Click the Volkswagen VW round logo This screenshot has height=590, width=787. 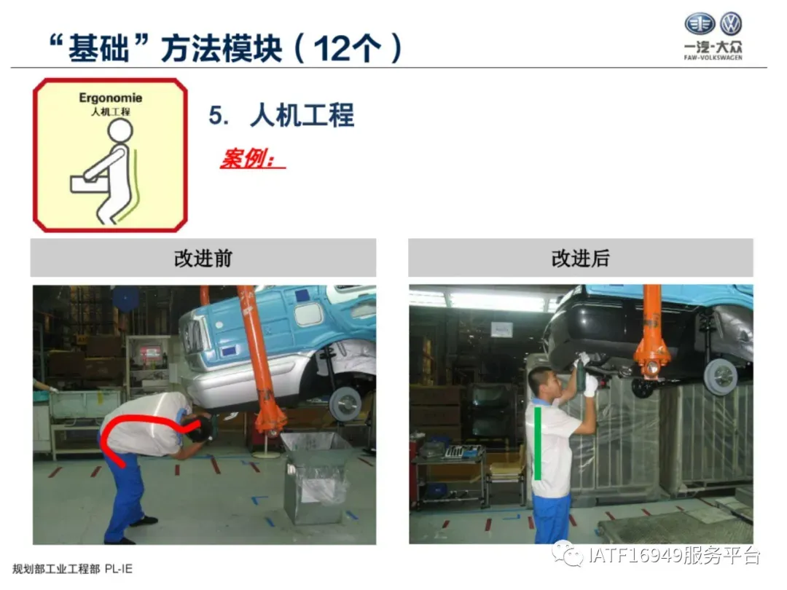pos(730,23)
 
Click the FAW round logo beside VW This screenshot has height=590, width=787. pos(700,23)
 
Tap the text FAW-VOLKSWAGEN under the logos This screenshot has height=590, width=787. pos(713,58)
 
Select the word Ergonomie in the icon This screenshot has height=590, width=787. pos(111,98)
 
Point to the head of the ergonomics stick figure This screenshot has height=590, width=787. pos(120,130)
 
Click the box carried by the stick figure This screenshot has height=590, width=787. pos(90,184)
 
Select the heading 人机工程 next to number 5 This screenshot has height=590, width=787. pos(302,115)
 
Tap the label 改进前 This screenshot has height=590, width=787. pos(203,258)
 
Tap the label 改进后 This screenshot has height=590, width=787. pos(580,258)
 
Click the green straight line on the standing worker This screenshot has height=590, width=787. pos(538,444)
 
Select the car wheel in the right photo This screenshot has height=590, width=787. pos(721,375)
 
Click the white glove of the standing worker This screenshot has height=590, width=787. pos(591,385)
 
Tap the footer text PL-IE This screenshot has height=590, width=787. pos(119,568)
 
